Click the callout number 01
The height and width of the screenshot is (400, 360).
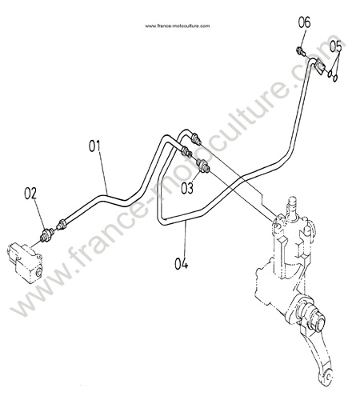click(94, 146)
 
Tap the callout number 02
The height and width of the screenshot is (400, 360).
click(30, 194)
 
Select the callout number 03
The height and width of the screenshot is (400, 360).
click(187, 188)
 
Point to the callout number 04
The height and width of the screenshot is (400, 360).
click(181, 263)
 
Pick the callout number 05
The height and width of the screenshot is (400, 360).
click(335, 46)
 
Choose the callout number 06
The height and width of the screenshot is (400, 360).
click(304, 22)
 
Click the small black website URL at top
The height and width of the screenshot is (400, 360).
click(178, 26)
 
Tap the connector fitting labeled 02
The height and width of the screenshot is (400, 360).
click(47, 234)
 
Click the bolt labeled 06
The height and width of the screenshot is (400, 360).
click(300, 50)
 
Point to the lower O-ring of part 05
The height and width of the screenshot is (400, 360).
click(335, 78)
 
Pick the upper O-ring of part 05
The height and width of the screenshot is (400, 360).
click(330, 73)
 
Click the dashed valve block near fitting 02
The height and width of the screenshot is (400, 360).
click(25, 262)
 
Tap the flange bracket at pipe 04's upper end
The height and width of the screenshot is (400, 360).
click(319, 66)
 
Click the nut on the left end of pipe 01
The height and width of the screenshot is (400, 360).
click(61, 224)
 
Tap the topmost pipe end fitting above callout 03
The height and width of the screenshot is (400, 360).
click(196, 139)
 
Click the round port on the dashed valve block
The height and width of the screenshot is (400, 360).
click(39, 273)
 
